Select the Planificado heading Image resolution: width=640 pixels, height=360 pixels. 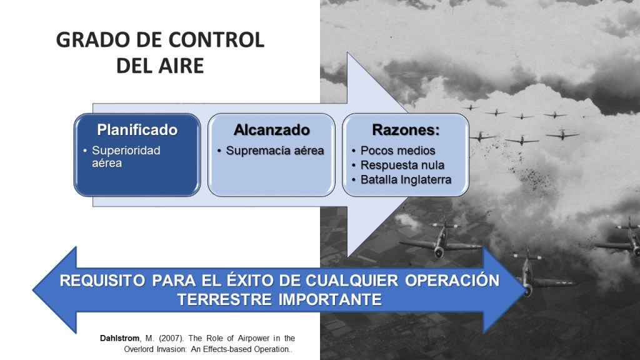click(x=137, y=130)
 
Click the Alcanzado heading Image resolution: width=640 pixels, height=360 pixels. click(x=272, y=130)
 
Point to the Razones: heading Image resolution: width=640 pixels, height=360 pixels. click(x=406, y=130)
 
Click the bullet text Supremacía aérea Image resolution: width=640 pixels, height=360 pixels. click(x=275, y=151)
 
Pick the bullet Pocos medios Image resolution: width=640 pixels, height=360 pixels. click(x=398, y=151)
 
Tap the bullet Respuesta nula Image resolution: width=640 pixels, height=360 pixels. click(x=402, y=165)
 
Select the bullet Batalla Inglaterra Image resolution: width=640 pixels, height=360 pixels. click(x=406, y=179)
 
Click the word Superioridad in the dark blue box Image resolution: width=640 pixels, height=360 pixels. click(x=126, y=151)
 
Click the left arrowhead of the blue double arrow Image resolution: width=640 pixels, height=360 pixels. click(x=55, y=290)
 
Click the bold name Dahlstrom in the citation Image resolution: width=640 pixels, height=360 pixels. click(x=119, y=338)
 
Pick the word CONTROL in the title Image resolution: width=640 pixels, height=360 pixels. click(x=216, y=40)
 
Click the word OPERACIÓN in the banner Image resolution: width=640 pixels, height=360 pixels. click(x=452, y=281)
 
